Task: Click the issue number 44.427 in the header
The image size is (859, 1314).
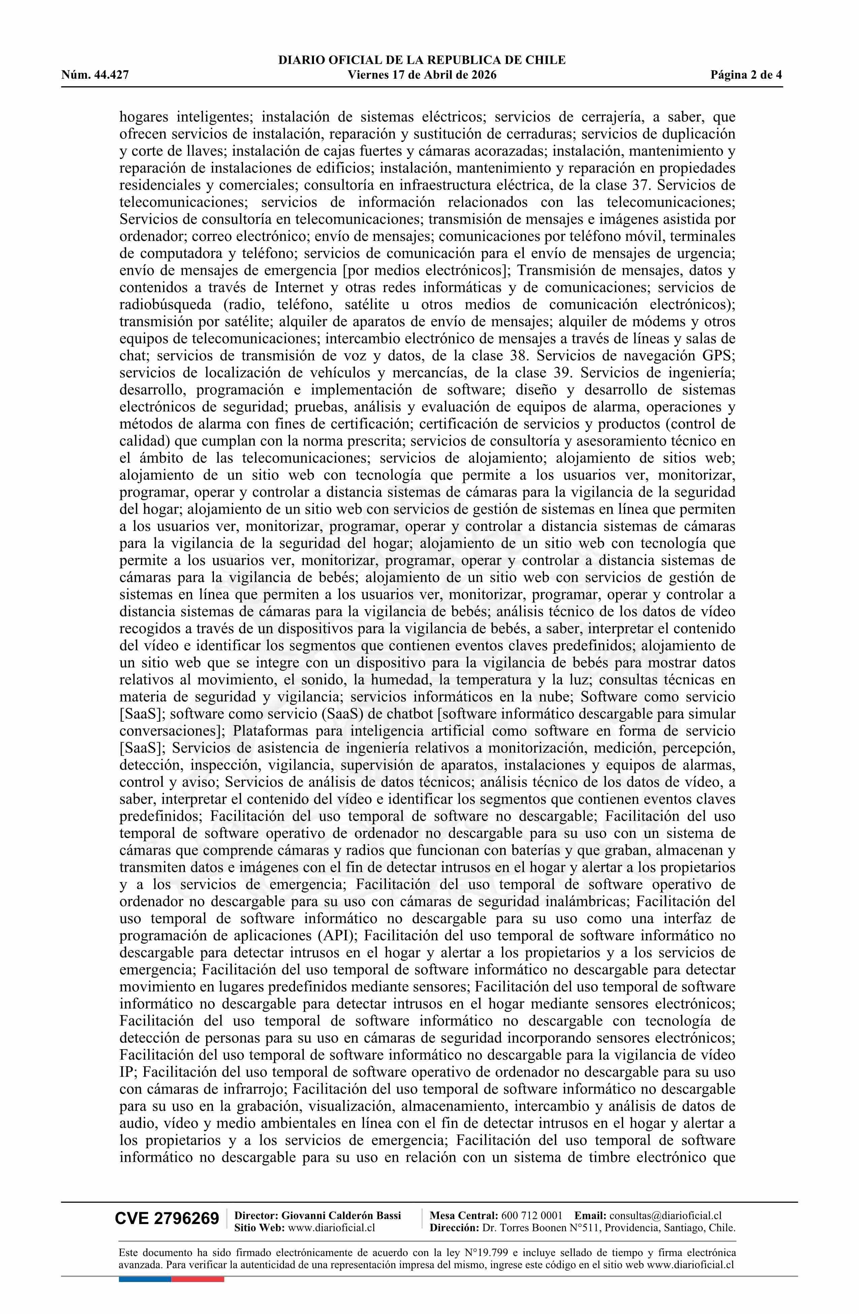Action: [111, 75]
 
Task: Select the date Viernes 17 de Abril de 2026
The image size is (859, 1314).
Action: [422, 75]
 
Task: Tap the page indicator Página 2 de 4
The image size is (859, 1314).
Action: [746, 75]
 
